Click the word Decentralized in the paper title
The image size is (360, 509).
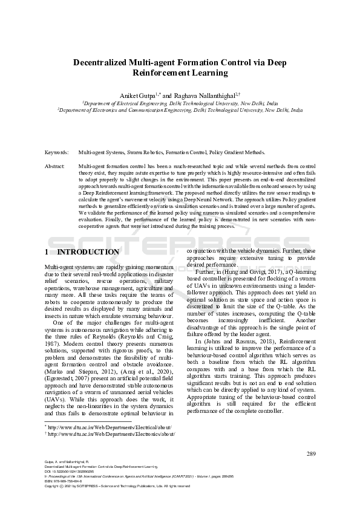tap(100, 62)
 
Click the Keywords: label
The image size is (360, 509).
tap(57, 153)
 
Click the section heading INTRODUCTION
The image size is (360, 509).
tap(88, 252)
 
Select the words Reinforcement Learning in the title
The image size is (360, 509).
tap(180, 73)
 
